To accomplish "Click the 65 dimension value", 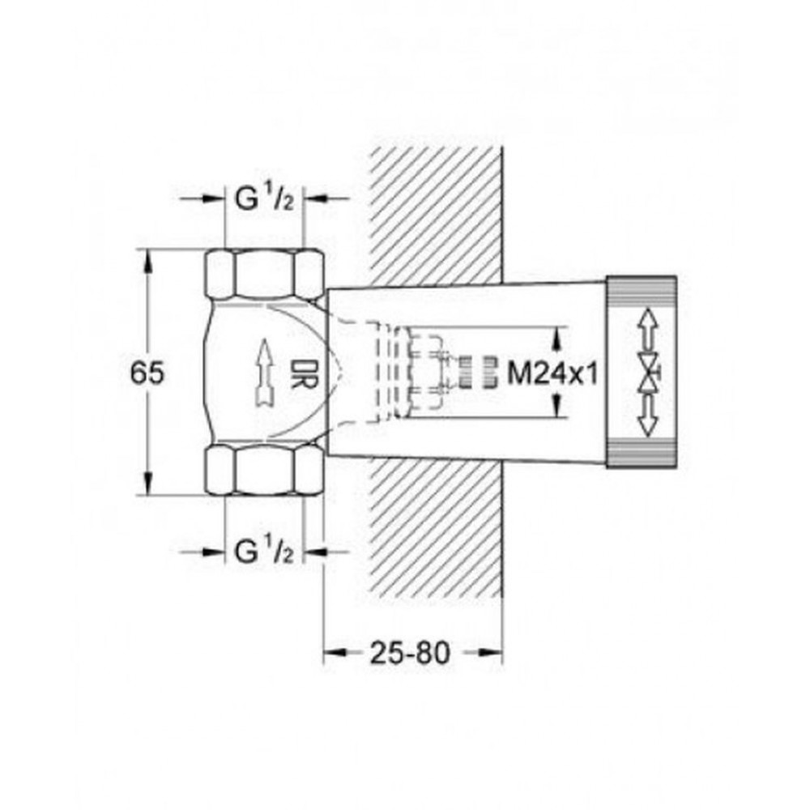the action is coord(147,373).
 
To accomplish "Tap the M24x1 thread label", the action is coord(552,373).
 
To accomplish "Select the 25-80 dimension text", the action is coord(410,653).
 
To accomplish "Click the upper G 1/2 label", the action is coord(264,198).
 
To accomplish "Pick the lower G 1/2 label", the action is coord(264,551).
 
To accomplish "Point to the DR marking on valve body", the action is coord(303,373).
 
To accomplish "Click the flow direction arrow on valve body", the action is coord(264,372).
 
